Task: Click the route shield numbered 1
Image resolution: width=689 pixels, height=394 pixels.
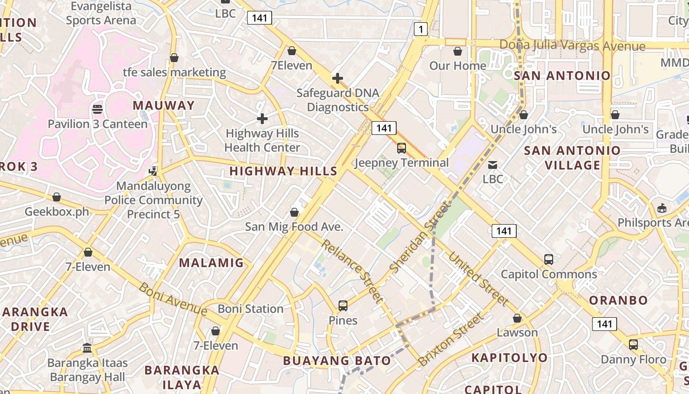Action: tap(420, 30)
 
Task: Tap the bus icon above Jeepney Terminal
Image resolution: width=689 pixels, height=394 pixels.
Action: tap(402, 148)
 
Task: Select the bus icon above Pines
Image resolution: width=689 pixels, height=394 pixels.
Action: tap(343, 306)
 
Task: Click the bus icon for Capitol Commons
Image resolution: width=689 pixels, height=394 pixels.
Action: tap(549, 260)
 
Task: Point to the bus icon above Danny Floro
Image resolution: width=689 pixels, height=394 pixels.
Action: tap(633, 345)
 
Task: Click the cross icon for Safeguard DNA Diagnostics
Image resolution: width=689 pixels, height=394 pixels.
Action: tap(338, 78)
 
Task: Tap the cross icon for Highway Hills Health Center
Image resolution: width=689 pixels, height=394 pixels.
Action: tap(262, 119)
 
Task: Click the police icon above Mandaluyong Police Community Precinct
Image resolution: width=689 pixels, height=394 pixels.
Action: tap(154, 171)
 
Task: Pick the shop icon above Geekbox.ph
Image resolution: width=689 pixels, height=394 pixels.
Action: tap(57, 197)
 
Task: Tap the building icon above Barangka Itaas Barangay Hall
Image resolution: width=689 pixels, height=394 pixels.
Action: tap(88, 348)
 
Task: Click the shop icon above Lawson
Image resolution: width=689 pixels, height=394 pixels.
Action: tap(517, 319)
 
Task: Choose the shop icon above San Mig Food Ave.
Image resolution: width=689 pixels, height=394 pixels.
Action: tap(294, 212)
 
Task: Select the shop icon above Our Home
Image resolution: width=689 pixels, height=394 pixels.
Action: tap(458, 51)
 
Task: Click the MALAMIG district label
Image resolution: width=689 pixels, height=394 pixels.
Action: tap(211, 263)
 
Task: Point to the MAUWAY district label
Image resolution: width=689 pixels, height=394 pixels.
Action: tap(164, 105)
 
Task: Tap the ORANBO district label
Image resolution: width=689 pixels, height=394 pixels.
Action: tap(619, 300)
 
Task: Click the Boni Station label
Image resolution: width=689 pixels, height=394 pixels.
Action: tap(251, 309)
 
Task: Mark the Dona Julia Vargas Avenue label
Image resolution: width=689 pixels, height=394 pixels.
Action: tap(572, 46)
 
